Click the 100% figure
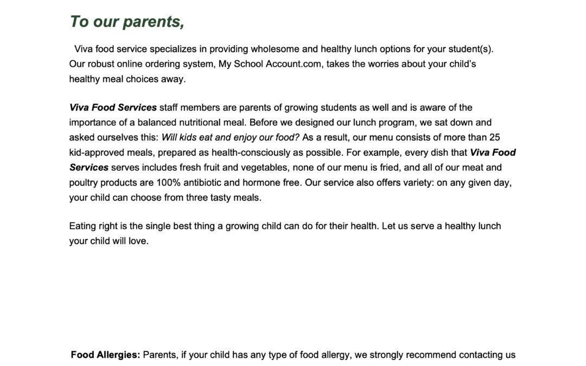coord(169,183)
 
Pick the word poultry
coord(84,183)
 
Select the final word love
coord(138,241)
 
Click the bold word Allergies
coord(118,355)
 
